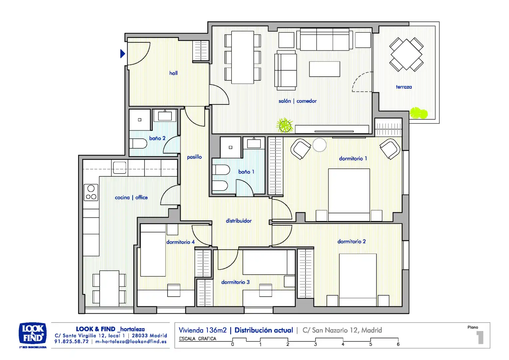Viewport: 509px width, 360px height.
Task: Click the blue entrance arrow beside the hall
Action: tap(123, 54)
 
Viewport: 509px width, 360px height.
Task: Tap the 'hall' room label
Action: tap(173, 73)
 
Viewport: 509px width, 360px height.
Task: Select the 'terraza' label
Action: tap(404, 87)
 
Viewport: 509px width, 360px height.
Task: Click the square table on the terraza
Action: tap(406, 55)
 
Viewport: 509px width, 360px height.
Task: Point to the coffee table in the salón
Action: tap(324, 69)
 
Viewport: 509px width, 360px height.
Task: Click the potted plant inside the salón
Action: tap(284, 125)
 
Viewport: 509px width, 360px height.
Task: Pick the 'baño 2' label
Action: tap(157, 138)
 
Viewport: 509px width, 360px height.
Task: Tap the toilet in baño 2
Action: tap(138, 143)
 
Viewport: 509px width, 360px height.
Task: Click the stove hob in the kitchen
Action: tap(91, 192)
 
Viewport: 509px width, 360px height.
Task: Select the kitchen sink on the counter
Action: tap(120, 168)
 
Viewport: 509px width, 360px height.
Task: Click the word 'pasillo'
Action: tap(194, 157)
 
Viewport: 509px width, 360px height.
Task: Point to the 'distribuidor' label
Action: tap(239, 221)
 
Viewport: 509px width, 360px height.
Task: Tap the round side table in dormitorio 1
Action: tap(319, 145)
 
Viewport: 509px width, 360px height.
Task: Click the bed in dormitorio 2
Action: tap(358, 280)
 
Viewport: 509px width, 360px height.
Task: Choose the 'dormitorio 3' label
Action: tap(236, 282)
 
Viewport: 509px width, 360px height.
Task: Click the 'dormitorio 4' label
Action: tap(181, 242)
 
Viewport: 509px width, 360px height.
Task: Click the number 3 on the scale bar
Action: tap(315, 344)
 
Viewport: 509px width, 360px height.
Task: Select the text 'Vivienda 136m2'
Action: tap(203, 330)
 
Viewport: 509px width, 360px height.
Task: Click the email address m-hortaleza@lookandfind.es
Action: tap(131, 342)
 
